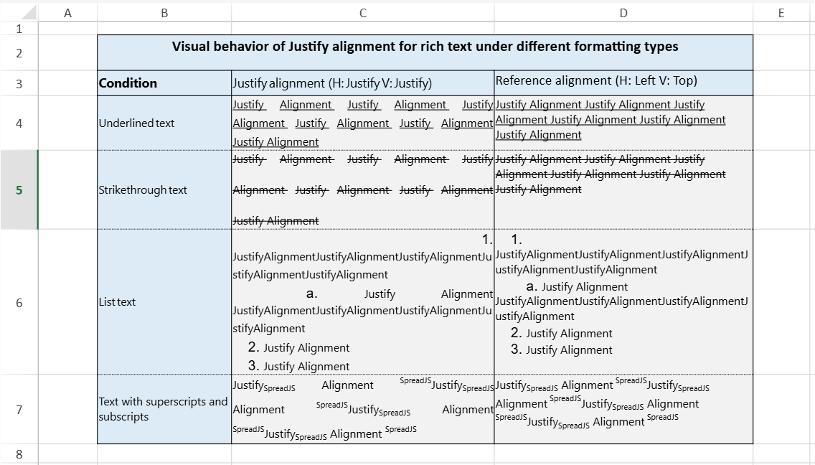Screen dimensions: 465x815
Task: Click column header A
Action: pyautogui.click(x=67, y=12)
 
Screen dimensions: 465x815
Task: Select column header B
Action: pyautogui.click(x=164, y=12)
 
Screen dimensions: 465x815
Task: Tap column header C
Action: pyautogui.click(x=362, y=12)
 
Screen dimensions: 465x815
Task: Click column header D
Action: pyautogui.click(x=623, y=12)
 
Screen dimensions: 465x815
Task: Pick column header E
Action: pyautogui.click(x=781, y=12)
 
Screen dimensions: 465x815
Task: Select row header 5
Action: pyautogui.click(x=19, y=190)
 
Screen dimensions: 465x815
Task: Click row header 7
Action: pyautogui.click(x=19, y=409)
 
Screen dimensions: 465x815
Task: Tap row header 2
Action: pyautogui.click(x=19, y=53)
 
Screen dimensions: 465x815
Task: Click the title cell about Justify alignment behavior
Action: pyautogui.click(x=425, y=47)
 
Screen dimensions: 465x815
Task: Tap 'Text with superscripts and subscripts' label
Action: pyautogui.click(x=164, y=409)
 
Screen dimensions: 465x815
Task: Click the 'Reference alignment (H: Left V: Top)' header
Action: pyautogui.click(x=596, y=80)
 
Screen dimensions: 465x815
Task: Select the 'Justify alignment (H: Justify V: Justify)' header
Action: pyautogui.click(x=332, y=84)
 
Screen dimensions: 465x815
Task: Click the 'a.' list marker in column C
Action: pyautogui.click(x=311, y=293)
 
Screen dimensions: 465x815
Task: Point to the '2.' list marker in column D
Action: pyautogui.click(x=516, y=333)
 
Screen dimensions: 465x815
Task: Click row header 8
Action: pyautogui.click(x=19, y=454)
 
